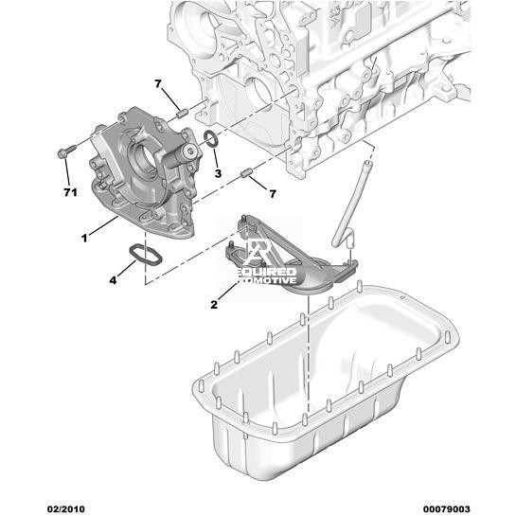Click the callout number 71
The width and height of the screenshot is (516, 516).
(70, 192)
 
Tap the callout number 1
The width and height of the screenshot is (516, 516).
(84, 238)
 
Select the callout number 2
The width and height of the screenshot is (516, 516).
(214, 305)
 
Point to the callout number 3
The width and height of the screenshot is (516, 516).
(218, 173)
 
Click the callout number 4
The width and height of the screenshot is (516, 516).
(113, 280)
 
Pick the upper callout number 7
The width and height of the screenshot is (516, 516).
(158, 84)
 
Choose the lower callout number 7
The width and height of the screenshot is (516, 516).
(273, 194)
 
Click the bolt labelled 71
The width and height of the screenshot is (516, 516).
(64, 152)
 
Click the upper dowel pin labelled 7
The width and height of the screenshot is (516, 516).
(182, 114)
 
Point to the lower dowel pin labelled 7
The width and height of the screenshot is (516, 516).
(246, 172)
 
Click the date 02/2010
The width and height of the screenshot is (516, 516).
(66, 509)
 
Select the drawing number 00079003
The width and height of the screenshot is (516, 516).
(446, 509)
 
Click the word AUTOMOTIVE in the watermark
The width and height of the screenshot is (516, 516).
(263, 280)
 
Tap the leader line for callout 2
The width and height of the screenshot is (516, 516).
(228, 291)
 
